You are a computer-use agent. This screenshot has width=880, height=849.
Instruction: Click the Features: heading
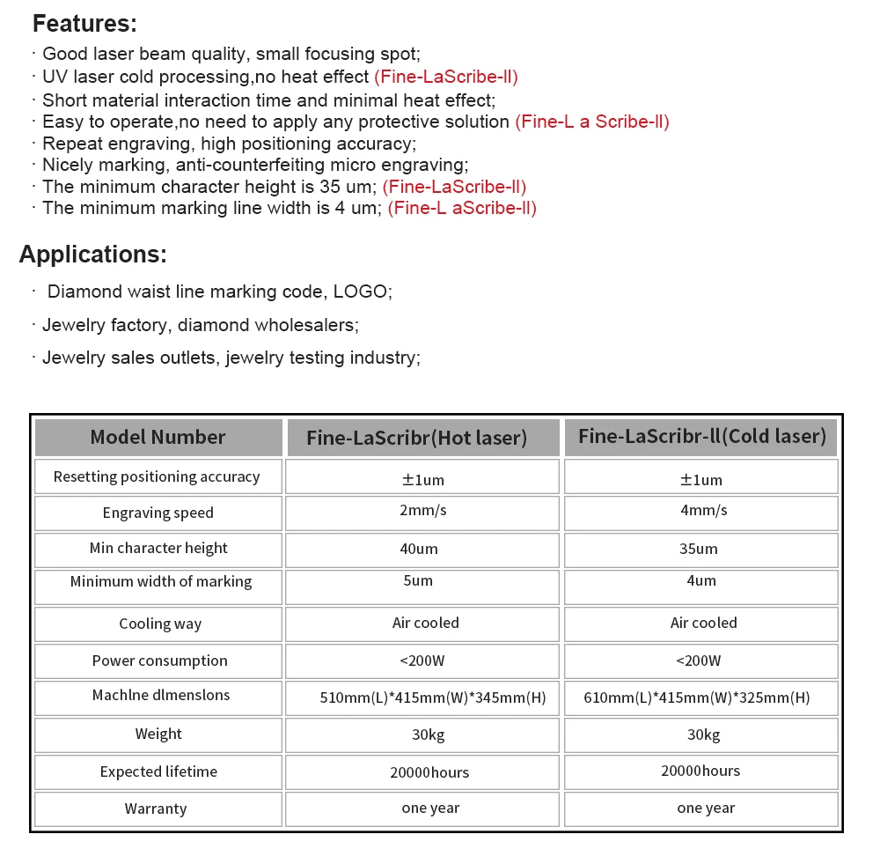pyautogui.click(x=84, y=24)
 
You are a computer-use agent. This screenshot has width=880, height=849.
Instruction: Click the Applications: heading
pyautogui.click(x=92, y=255)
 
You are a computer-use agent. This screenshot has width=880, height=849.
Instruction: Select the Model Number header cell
pyautogui.click(x=158, y=437)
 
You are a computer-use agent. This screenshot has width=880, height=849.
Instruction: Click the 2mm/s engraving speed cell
pyautogui.click(x=422, y=512)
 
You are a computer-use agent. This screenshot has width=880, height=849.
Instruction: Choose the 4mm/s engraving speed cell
pyautogui.click(x=701, y=512)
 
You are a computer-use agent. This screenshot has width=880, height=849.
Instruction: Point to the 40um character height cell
pyautogui.click(x=422, y=549)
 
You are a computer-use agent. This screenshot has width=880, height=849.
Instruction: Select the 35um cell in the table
pyautogui.click(x=701, y=549)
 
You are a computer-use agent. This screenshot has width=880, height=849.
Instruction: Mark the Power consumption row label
pyautogui.click(x=159, y=661)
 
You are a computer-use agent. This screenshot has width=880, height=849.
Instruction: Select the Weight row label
pyautogui.click(x=158, y=734)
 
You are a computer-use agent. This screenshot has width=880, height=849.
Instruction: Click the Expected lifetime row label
pyautogui.click(x=158, y=771)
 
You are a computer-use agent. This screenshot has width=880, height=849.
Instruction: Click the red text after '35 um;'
pyautogui.click(x=455, y=187)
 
